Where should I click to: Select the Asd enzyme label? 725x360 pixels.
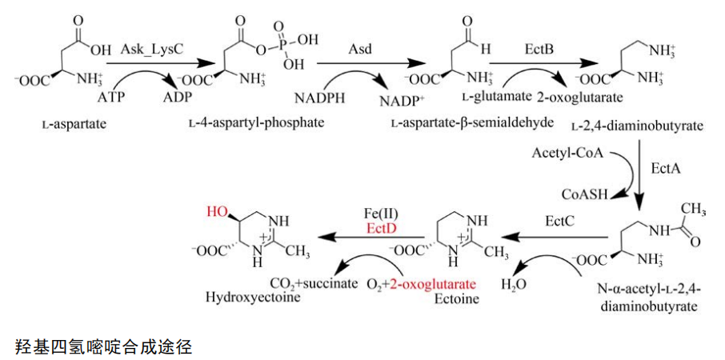pos(358,50)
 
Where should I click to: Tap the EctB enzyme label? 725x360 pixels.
pos(537,50)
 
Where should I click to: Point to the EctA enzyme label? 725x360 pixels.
pos(665,167)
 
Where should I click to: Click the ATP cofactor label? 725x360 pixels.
pos(110,98)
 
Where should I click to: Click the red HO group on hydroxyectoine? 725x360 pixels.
pos(218,212)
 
